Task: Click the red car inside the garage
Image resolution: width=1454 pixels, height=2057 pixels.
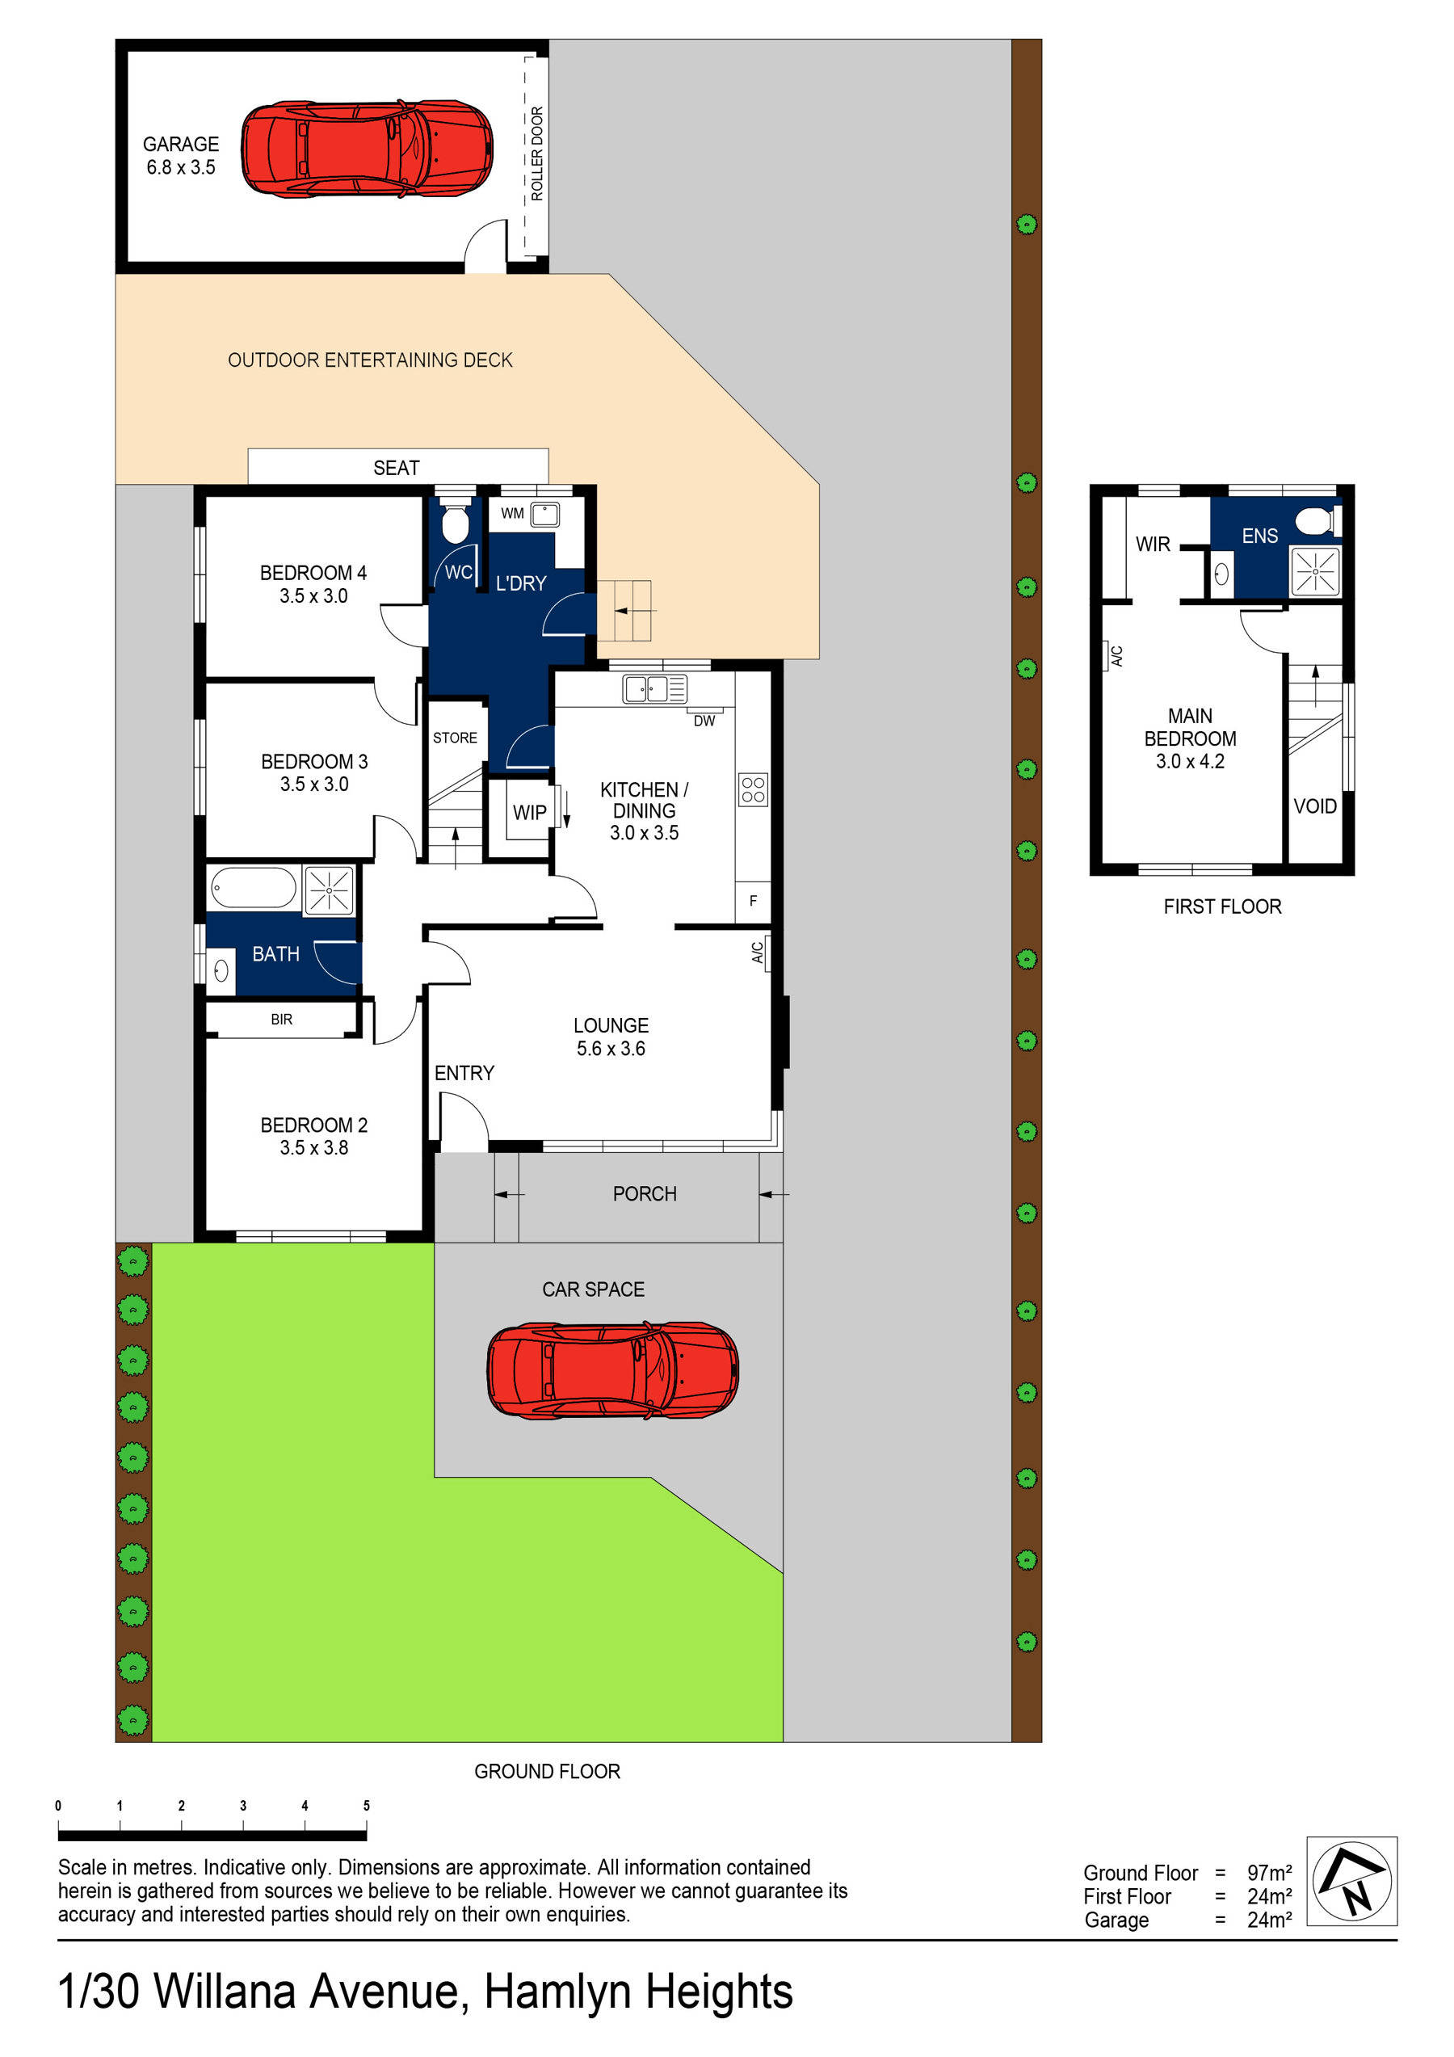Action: (x=367, y=149)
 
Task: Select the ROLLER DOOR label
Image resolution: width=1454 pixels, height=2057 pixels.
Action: (x=536, y=154)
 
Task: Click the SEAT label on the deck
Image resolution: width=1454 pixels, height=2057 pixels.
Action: (x=396, y=468)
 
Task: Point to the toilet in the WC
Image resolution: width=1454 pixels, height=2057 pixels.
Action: (x=455, y=524)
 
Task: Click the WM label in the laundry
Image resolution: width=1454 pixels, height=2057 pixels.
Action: (x=511, y=513)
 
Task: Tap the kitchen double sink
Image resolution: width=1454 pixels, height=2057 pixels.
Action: (x=654, y=689)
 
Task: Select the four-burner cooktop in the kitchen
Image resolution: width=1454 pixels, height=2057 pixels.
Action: (x=753, y=789)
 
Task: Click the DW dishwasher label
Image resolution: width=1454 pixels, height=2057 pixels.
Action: (x=704, y=721)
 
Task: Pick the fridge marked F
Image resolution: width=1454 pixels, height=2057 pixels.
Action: (x=753, y=900)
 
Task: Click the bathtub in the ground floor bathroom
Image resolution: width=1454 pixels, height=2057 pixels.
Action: (x=254, y=889)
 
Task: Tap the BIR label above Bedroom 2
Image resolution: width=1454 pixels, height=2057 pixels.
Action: (x=281, y=1020)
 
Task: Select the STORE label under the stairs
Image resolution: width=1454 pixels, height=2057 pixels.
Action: (x=455, y=738)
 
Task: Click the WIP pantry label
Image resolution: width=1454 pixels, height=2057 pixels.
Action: (x=528, y=813)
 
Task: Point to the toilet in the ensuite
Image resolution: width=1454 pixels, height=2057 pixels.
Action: (x=1316, y=520)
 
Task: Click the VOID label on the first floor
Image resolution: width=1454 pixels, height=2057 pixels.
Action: (x=1314, y=806)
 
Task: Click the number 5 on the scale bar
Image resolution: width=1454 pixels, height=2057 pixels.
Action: (x=367, y=1805)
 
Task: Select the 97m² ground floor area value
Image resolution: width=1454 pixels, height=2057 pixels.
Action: (x=1268, y=1874)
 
